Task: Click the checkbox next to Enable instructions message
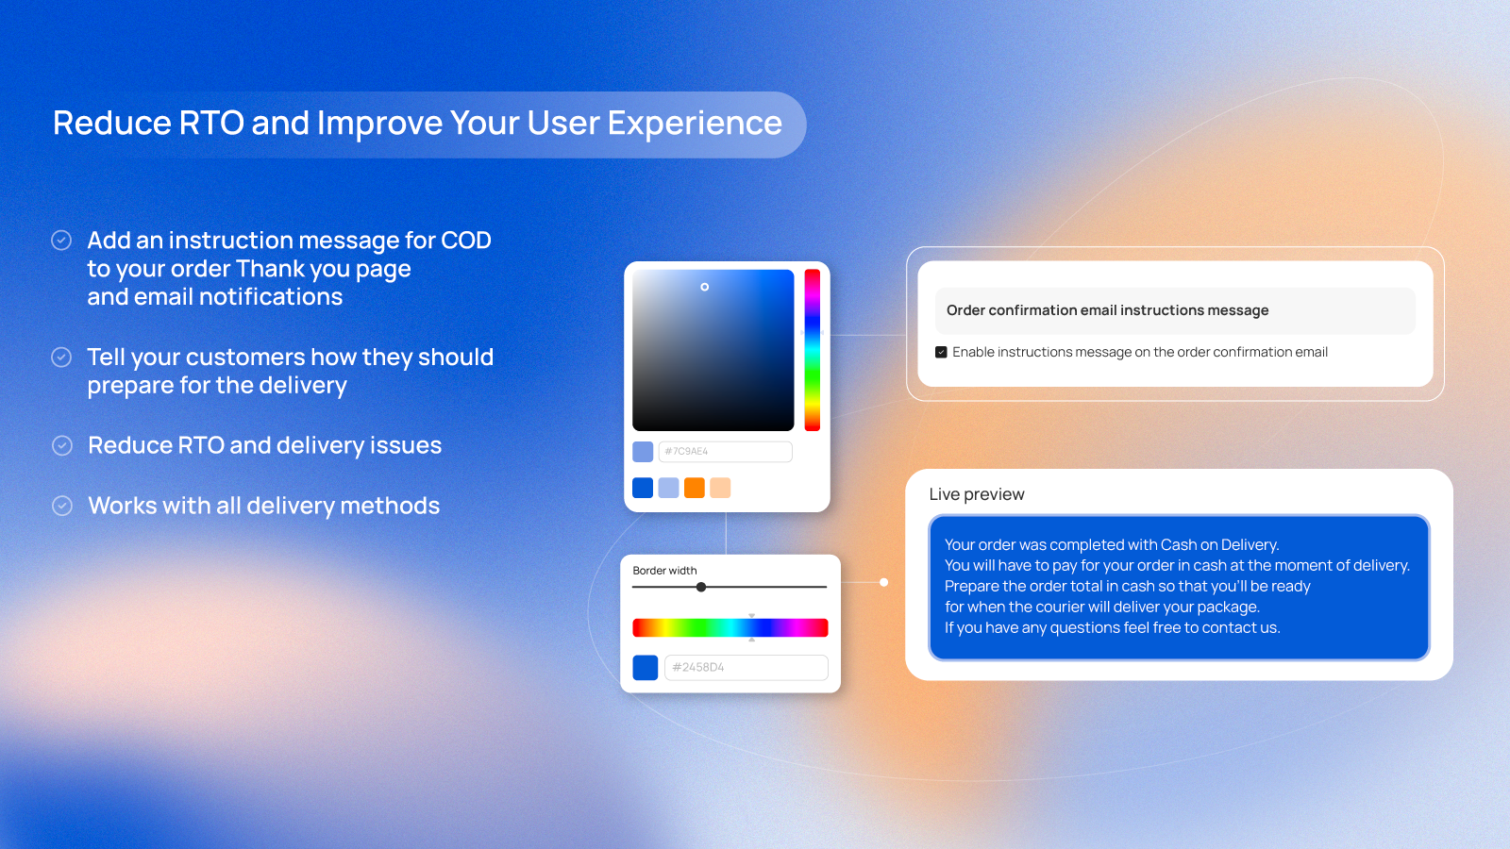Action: coord(941,352)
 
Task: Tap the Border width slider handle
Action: coord(701,587)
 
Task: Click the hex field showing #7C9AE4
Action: coord(725,452)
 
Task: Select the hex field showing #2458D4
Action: coord(746,667)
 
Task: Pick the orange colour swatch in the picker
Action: coord(695,488)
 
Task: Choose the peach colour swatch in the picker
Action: coord(720,488)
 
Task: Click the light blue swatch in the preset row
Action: coord(668,488)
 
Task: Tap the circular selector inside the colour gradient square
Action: coord(704,287)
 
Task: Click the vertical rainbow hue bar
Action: coord(812,350)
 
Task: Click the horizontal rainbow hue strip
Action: coord(730,627)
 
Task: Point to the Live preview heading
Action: coord(976,494)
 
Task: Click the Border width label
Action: coord(664,571)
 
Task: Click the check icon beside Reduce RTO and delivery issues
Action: coord(62,445)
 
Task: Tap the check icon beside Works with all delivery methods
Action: coord(62,506)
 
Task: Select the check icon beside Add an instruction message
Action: coord(61,241)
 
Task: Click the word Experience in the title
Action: coord(695,124)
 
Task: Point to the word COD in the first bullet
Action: coord(465,241)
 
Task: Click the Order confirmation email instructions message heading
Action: coord(1107,310)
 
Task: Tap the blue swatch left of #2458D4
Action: coord(645,668)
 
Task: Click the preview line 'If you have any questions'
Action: coord(1112,627)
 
